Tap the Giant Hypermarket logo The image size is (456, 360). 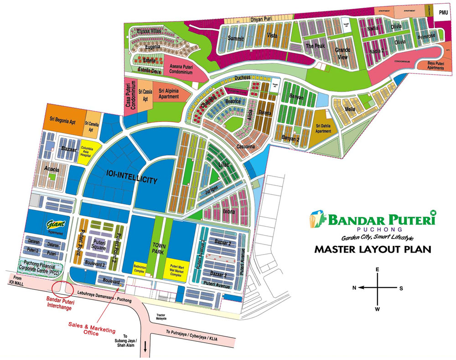[x=57, y=224]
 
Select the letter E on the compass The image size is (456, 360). [x=377, y=270]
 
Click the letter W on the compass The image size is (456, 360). [x=377, y=309]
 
